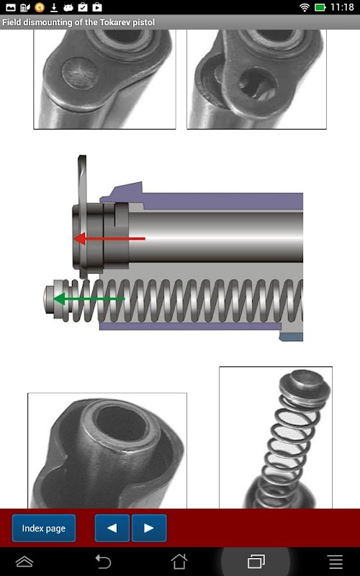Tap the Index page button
tap(44, 528)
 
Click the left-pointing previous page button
tap(112, 528)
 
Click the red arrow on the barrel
tap(109, 239)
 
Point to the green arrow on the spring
tap(89, 299)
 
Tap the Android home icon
tap(179, 562)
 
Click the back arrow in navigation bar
tap(103, 562)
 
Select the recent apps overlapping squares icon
tap(256, 562)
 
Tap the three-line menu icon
tap(336, 562)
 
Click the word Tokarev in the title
tap(116, 22)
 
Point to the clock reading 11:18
tap(342, 7)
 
